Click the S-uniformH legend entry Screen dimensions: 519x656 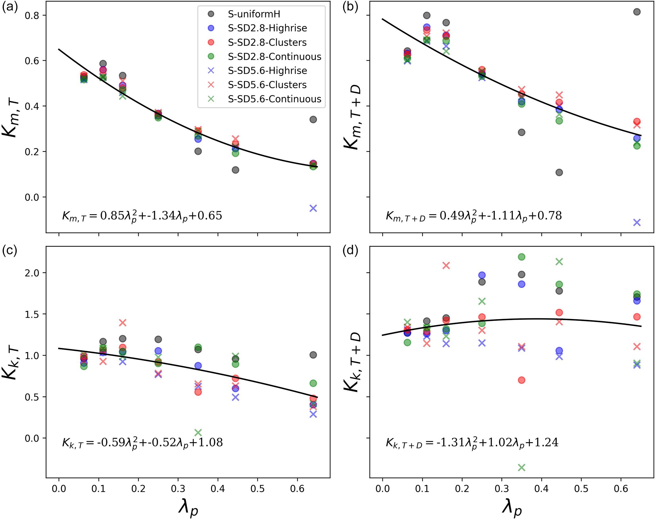pos(254,14)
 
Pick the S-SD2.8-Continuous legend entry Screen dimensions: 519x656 pos(274,57)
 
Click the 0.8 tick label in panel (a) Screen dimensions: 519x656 pos(31,15)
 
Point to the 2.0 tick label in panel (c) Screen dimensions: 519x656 pos(31,273)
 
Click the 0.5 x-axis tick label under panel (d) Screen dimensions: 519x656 pos(581,488)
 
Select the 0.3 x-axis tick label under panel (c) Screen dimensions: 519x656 pos(178,488)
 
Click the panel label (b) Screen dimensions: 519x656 pos(350,7)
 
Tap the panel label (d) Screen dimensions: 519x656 pos(350,251)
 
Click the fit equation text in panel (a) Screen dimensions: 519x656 pos(142,216)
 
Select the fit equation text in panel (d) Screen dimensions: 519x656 pos(472,442)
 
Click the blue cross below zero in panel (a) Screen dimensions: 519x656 pos(313,208)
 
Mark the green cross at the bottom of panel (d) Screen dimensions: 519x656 pos(521,467)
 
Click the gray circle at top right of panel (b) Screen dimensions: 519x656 pos(637,12)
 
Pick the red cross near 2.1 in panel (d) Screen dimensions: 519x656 pos(446,265)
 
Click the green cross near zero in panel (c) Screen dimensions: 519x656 pos(198,432)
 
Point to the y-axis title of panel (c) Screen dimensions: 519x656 pos(12,362)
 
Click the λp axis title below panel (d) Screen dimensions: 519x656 pos(511,508)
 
